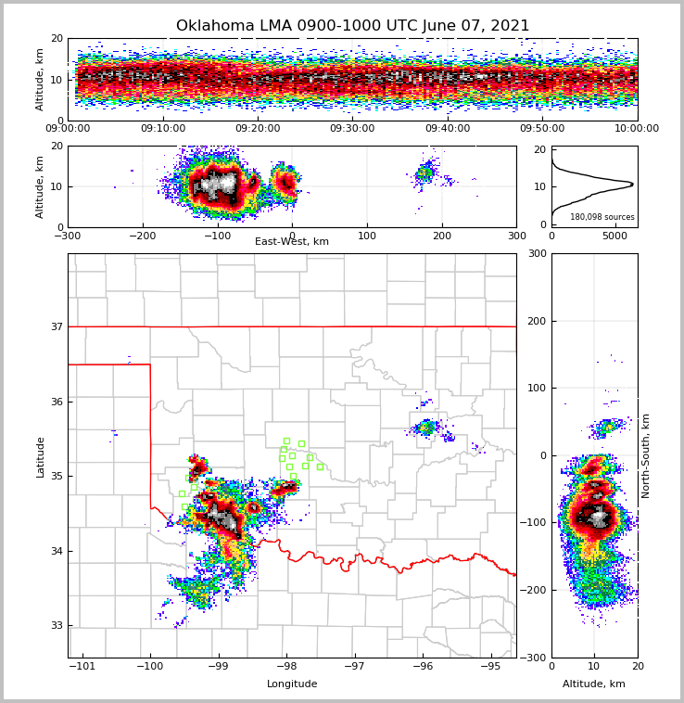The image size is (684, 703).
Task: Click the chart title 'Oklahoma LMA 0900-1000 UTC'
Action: pos(352,26)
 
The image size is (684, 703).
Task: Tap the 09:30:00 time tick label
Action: pos(352,129)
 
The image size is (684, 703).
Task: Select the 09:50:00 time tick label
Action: pos(542,129)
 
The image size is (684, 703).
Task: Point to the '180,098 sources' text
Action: pos(602,217)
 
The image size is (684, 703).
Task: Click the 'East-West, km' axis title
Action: pos(292,242)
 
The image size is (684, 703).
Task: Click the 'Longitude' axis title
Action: pos(292,684)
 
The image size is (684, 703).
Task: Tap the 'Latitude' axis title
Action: pos(41,456)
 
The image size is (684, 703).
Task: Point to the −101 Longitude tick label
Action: pos(82,667)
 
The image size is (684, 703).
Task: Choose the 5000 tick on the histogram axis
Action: pos(615,236)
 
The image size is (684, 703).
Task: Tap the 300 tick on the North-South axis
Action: pos(535,253)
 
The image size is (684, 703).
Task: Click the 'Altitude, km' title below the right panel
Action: pos(594,684)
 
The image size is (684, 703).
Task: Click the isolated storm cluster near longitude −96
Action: pos(425,428)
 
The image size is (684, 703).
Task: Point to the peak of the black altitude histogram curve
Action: pos(632,184)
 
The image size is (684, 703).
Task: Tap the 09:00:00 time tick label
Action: pos(68,129)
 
